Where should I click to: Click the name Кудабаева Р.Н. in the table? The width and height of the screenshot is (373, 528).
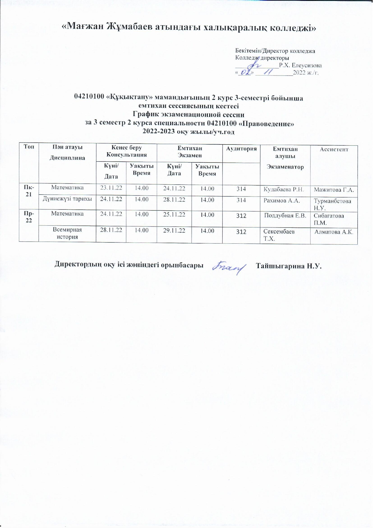pyautogui.click(x=284, y=190)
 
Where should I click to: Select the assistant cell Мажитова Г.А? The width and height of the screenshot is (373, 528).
pyautogui.click(x=334, y=190)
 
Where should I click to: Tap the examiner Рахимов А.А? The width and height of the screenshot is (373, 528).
pyautogui.click(x=281, y=201)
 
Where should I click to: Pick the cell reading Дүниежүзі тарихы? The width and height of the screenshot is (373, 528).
pyautogui.click(x=67, y=199)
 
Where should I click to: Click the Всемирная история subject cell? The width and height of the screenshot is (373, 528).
pyautogui.click(x=67, y=233)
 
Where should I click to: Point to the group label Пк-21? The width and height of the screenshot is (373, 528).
pyautogui.click(x=29, y=190)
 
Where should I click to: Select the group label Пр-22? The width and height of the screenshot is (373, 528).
pyautogui.click(x=29, y=217)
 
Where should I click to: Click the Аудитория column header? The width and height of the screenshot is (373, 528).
pyautogui.click(x=241, y=149)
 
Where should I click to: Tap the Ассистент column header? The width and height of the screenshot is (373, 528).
pyautogui.click(x=334, y=149)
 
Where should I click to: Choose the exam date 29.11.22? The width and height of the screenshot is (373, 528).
pyautogui.click(x=174, y=230)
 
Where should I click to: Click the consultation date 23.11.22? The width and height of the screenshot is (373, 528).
pyautogui.click(x=111, y=188)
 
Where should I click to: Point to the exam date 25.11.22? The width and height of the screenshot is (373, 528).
pyautogui.click(x=174, y=215)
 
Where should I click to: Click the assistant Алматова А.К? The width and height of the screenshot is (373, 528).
pyautogui.click(x=334, y=232)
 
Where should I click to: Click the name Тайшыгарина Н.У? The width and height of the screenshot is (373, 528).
pyautogui.click(x=289, y=266)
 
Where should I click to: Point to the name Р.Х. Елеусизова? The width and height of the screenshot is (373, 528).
pyautogui.click(x=300, y=65)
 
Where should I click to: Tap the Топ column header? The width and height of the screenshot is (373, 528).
pyautogui.click(x=29, y=147)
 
